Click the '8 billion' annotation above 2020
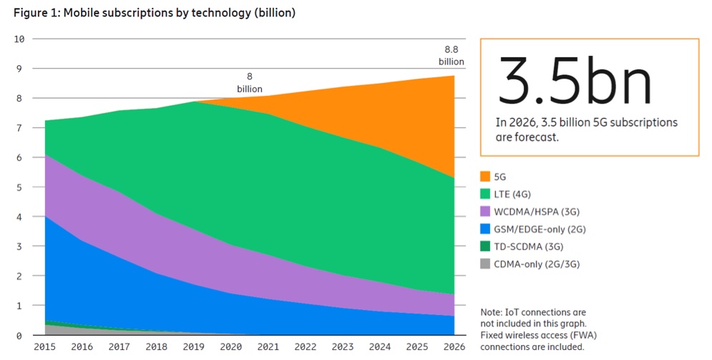click(250, 82)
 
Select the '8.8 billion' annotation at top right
click(452, 55)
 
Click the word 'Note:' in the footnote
click(492, 313)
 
